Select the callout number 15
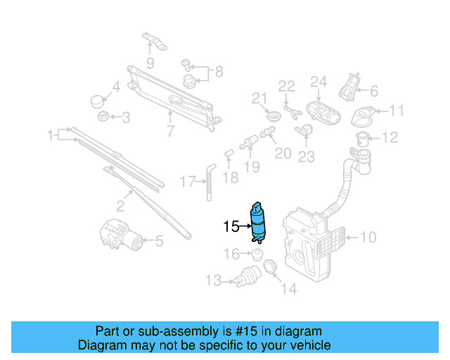coord(231,226)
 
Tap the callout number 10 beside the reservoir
coord(368,238)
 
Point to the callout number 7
coord(169,130)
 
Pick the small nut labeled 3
coord(103,115)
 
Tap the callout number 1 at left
coord(51,135)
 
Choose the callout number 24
coord(319,83)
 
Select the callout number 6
coord(373,91)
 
